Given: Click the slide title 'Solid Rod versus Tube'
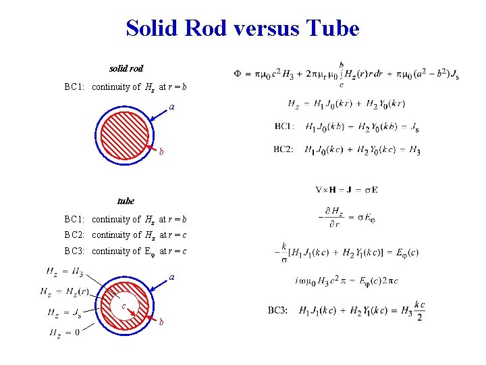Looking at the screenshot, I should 242,28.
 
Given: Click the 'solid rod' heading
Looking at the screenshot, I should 126,69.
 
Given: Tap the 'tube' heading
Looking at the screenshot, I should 126,201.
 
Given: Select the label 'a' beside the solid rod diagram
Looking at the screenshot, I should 171,107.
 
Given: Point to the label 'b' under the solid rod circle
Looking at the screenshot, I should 161,151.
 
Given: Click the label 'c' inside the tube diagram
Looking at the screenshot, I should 124,306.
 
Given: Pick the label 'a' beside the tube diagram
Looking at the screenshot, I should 172,277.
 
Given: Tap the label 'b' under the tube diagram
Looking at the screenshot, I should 161,322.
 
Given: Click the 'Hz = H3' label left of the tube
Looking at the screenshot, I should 65,272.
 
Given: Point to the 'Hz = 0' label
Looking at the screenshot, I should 65,333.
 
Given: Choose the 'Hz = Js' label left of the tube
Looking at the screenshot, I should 65,312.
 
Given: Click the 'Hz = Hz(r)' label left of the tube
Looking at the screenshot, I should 64,292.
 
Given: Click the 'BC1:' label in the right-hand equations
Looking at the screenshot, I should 284,126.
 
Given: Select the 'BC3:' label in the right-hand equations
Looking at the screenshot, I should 279,310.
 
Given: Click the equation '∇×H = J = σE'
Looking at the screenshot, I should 346,189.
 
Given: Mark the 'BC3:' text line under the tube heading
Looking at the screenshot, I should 126,251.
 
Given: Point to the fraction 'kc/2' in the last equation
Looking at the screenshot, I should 420,310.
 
